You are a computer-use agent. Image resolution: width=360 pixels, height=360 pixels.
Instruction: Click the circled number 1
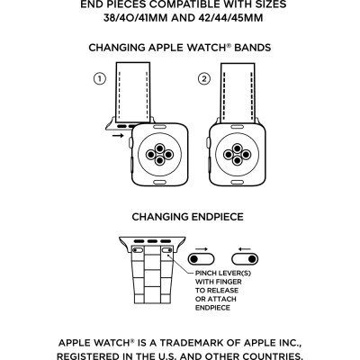(100, 79)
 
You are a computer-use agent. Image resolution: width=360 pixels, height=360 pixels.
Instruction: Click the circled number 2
(204, 79)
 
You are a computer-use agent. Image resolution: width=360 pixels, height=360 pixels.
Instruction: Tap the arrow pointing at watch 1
(118, 136)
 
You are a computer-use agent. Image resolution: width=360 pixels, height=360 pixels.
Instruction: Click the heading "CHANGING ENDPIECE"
(187, 217)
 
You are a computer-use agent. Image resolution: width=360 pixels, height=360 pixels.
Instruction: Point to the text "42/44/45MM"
(230, 18)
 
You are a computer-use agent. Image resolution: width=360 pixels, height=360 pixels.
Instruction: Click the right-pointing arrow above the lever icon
(202, 249)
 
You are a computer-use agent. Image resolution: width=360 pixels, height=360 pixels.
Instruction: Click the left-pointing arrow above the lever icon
(245, 249)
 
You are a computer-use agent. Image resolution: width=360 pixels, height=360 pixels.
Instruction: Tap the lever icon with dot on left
(201, 259)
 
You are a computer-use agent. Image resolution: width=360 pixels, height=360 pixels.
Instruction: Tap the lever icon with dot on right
(245, 259)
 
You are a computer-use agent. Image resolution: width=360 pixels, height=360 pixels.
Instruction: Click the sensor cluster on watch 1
(159, 155)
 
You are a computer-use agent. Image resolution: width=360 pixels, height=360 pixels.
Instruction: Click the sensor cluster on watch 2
(238, 155)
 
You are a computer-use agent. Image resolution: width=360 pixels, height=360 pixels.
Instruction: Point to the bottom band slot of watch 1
(159, 182)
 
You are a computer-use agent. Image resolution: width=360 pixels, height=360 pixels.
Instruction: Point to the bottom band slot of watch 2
(238, 182)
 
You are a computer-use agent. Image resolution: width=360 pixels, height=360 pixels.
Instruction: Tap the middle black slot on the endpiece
(152, 241)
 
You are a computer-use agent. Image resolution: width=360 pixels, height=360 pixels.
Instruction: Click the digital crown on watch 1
(130, 142)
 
